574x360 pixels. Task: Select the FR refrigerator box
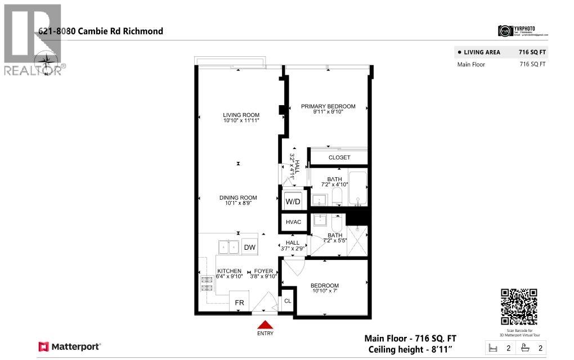click(239, 302)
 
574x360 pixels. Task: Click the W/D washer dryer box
click(293, 201)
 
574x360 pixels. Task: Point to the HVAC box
click(293, 222)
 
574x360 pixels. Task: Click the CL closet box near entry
click(287, 300)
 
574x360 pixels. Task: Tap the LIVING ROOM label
click(241, 115)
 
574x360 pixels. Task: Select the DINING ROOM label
click(238, 197)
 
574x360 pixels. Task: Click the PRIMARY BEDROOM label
click(328, 106)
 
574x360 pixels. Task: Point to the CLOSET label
click(339, 157)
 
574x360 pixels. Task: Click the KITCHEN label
click(230, 271)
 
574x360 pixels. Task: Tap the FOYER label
click(263, 271)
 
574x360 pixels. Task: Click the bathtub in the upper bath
click(357, 188)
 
